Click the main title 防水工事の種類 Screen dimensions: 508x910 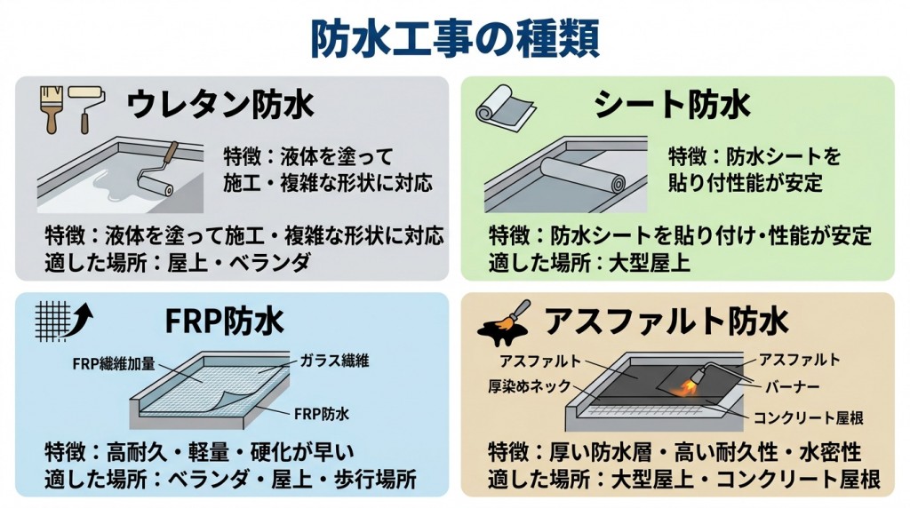tap(454, 37)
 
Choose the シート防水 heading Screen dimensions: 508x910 tap(671, 105)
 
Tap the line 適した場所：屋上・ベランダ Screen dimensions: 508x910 tap(178, 262)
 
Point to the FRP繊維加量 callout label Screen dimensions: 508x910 tap(113, 362)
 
